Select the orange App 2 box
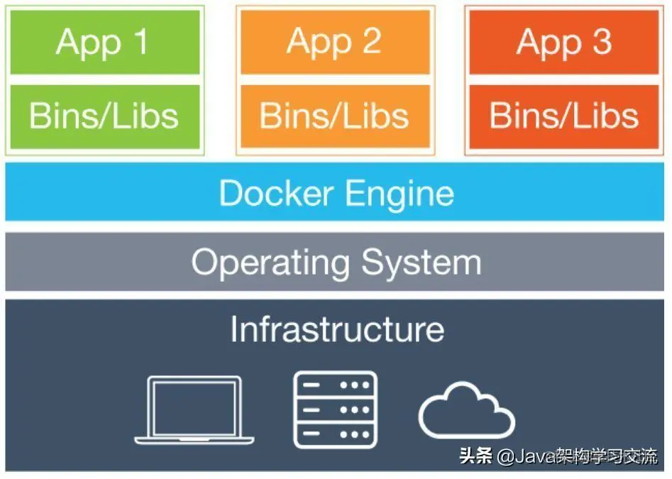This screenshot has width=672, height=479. click(335, 42)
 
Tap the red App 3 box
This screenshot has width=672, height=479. click(564, 42)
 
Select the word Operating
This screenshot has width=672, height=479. click(270, 263)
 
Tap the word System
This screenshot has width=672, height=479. click(421, 263)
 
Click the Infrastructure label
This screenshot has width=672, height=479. click(337, 329)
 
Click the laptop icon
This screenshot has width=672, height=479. click(194, 409)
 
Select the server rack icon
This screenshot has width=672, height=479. click(335, 409)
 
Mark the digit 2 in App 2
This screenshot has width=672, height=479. click(371, 42)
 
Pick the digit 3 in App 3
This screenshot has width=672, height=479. click(601, 42)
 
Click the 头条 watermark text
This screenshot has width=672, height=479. click(476, 456)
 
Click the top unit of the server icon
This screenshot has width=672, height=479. click(335, 385)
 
